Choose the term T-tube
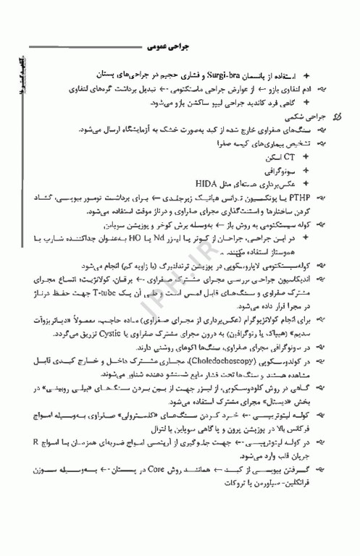[x=102, y=292]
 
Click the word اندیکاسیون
[x=302, y=279]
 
